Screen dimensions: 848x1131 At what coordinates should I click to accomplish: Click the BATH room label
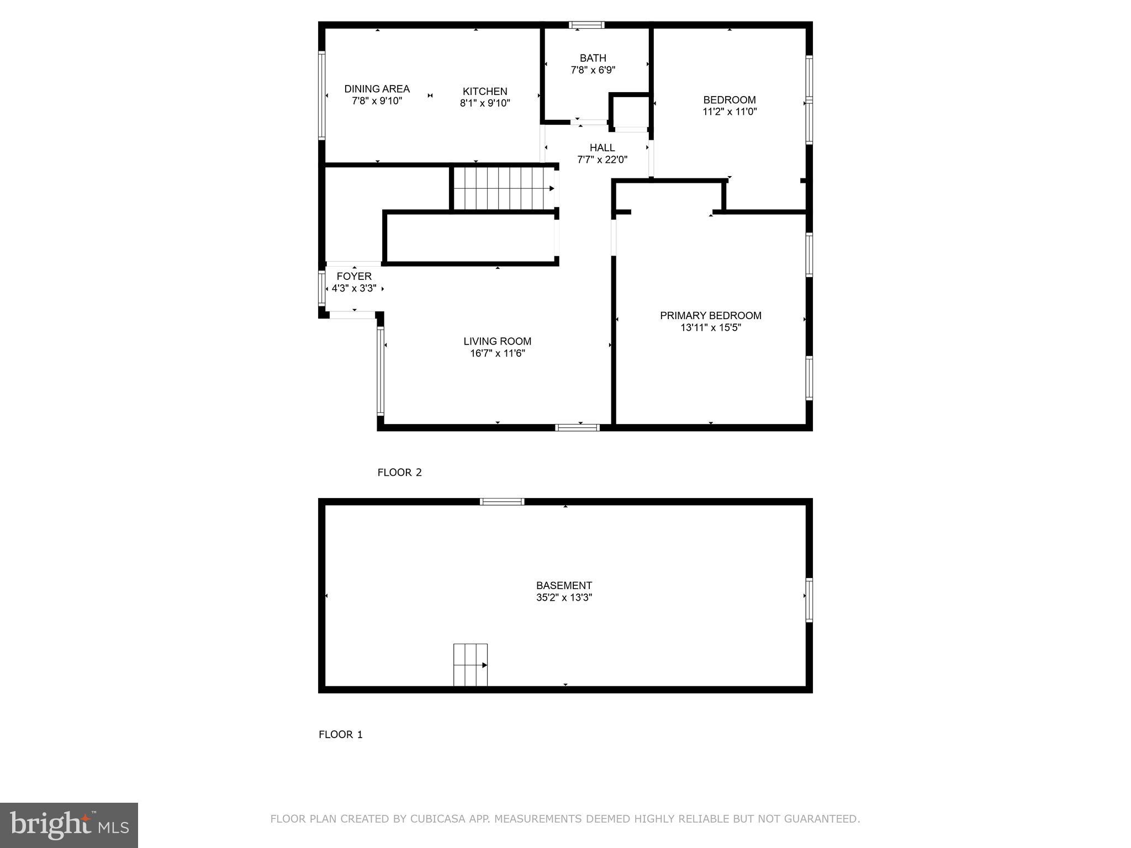(593, 58)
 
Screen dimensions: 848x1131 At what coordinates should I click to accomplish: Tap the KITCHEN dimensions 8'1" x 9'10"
(485, 103)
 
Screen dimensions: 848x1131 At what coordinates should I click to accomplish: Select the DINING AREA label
(377, 89)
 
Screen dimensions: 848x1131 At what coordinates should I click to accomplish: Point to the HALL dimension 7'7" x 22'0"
(602, 160)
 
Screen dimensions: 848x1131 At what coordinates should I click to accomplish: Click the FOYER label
(354, 276)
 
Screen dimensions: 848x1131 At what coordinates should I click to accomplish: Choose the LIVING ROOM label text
(497, 341)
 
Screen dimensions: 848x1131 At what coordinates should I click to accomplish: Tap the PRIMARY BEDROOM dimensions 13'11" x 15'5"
(710, 327)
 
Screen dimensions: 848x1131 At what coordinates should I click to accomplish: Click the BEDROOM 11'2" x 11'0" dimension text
(729, 112)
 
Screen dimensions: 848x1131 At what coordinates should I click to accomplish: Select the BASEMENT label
(564, 585)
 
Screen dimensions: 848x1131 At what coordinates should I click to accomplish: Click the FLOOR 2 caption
(399, 472)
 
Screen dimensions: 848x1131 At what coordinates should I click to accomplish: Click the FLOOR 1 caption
(341, 734)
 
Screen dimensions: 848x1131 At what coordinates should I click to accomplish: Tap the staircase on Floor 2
(503, 188)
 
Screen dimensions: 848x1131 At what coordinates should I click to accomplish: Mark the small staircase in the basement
(471, 665)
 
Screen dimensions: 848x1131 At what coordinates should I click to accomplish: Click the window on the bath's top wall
(586, 25)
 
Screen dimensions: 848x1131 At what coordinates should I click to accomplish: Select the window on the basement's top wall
(501, 501)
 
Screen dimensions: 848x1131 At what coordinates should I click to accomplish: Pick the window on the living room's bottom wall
(577, 427)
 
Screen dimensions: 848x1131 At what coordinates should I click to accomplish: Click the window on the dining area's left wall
(321, 95)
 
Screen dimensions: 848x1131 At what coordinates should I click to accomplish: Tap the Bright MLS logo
(68, 825)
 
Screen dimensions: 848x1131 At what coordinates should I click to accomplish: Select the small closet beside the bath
(630, 112)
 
